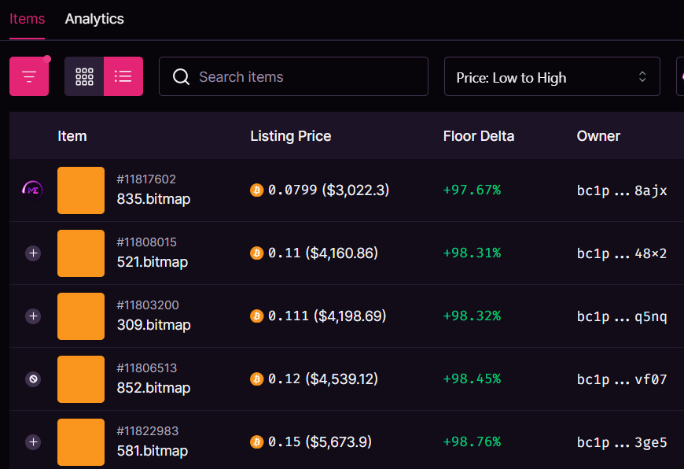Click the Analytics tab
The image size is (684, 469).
click(x=94, y=19)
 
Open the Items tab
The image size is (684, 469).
click(x=27, y=19)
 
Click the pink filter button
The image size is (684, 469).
click(x=29, y=76)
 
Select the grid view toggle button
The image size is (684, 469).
click(x=84, y=76)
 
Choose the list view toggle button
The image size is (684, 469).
click(x=123, y=76)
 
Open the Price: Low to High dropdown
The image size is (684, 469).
click(x=552, y=77)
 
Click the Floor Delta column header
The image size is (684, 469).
click(x=478, y=136)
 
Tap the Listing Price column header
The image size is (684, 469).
click(x=290, y=136)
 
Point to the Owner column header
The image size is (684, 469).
click(x=598, y=136)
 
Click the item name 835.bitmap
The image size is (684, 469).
click(x=153, y=199)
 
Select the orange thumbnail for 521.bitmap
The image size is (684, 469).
click(x=81, y=253)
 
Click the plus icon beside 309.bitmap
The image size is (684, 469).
click(x=33, y=316)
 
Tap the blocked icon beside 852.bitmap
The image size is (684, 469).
click(x=33, y=379)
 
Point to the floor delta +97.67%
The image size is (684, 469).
click(x=472, y=190)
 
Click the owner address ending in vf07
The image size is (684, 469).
click(x=621, y=379)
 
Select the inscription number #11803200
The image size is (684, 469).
click(x=147, y=305)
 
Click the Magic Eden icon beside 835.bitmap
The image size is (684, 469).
click(x=33, y=189)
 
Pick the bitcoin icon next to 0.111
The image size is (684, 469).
click(x=256, y=316)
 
